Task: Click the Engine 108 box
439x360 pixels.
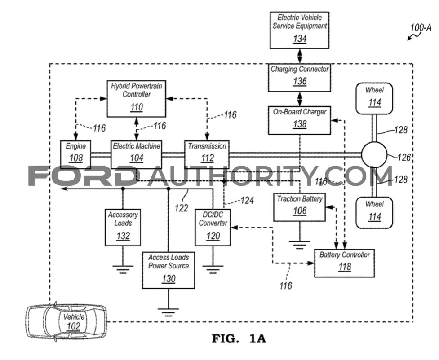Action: (x=75, y=154)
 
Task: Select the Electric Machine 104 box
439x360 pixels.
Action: (x=136, y=154)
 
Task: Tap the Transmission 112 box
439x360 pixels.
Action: (x=207, y=154)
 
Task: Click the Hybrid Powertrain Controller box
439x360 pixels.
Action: (x=136, y=99)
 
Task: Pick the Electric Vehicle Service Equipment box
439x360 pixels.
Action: (x=299, y=30)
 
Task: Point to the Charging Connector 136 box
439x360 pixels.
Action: (x=299, y=78)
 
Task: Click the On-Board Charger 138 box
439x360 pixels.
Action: (x=299, y=120)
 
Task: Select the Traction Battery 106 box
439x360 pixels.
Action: (x=299, y=207)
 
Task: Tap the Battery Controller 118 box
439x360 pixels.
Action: (x=344, y=263)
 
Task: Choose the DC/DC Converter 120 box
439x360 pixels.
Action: (x=213, y=228)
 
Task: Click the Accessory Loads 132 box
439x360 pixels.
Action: (x=123, y=228)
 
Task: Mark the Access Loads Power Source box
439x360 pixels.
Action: (x=168, y=270)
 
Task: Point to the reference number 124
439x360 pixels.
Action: (x=247, y=200)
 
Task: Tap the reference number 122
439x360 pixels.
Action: (x=181, y=208)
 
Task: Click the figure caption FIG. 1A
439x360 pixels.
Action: (x=239, y=338)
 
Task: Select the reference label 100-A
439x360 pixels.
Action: (x=421, y=28)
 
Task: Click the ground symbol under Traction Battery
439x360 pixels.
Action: (x=299, y=245)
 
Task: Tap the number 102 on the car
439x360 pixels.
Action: (x=74, y=326)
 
